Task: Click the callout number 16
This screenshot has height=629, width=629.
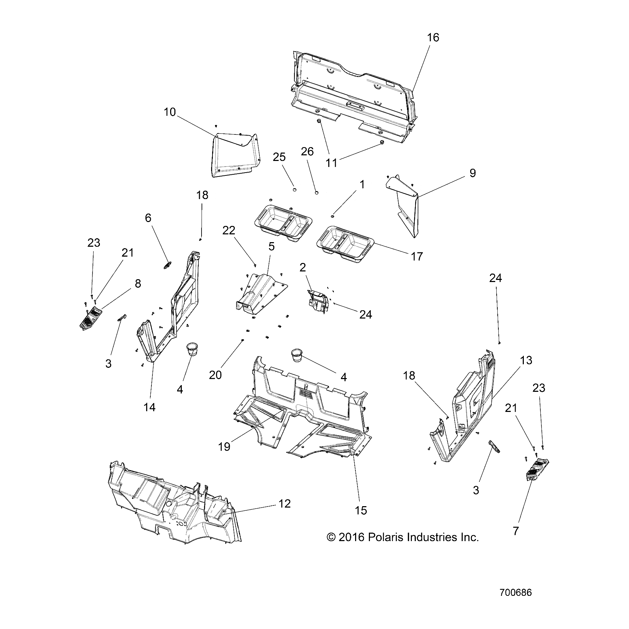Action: [433, 37]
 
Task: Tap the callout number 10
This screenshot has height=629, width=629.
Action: [169, 112]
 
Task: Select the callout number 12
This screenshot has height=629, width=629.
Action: [284, 504]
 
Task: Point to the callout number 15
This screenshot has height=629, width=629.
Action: [361, 510]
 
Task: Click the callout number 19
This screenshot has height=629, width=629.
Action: [224, 447]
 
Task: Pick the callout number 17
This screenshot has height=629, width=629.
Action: [417, 256]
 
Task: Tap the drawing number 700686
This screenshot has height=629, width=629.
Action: [515, 593]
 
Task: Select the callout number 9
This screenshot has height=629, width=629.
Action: [472, 173]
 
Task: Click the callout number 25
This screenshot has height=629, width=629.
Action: [279, 157]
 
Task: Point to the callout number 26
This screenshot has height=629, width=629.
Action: [307, 151]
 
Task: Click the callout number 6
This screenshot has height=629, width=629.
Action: [148, 218]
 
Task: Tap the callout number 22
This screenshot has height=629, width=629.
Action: [229, 230]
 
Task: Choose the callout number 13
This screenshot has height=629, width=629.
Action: [526, 360]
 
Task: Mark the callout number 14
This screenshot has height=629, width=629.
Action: [150, 407]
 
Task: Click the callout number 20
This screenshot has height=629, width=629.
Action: [215, 375]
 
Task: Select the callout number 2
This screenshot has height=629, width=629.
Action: [302, 267]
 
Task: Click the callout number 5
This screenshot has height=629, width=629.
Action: [271, 246]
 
